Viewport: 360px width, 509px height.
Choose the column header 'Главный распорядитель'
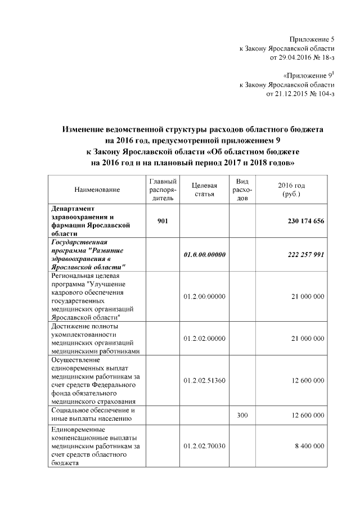point(163,190)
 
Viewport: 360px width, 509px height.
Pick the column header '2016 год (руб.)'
point(291,190)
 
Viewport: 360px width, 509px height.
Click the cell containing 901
point(163,221)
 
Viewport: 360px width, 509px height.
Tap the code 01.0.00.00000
point(204,255)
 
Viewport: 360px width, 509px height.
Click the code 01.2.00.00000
point(204,296)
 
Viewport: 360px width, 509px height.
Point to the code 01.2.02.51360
point(204,380)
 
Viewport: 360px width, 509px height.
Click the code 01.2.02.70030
point(204,445)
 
